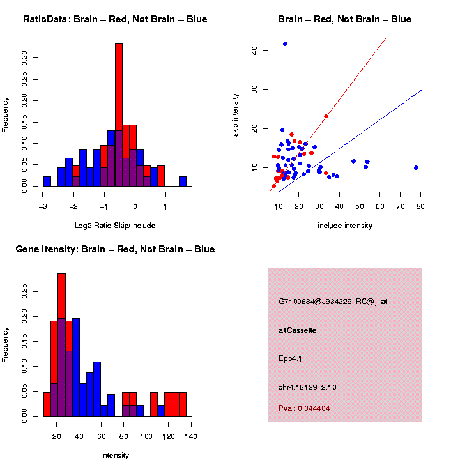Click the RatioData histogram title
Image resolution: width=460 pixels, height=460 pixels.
click(115, 19)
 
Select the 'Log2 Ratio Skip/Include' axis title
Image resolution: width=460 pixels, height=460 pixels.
click(116, 225)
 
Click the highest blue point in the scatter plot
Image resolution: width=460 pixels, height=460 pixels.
click(285, 43)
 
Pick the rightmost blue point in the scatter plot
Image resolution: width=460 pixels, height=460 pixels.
click(416, 167)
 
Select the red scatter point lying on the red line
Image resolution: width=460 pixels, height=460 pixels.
click(326, 116)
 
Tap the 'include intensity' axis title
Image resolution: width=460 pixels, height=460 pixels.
click(345, 226)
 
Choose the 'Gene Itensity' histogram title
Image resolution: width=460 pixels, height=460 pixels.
click(115, 249)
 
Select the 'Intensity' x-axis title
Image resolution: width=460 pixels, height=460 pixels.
click(115, 456)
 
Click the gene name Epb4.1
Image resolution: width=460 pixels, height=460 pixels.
click(291, 358)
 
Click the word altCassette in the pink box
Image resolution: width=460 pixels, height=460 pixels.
click(298, 330)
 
